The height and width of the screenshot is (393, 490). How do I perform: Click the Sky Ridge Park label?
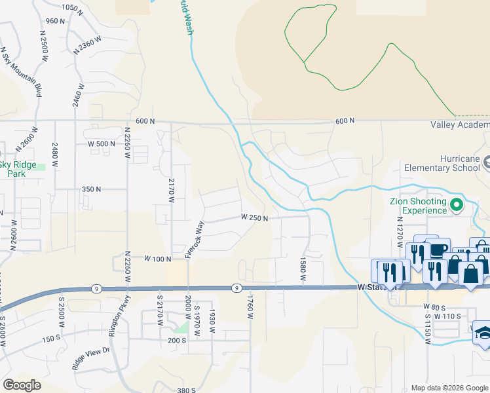point(13,169)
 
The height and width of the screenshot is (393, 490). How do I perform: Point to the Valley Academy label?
point(460,124)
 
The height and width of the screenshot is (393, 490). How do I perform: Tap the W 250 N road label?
point(254,217)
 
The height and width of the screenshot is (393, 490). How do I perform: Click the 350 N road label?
point(91,189)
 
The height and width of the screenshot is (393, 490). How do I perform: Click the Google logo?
point(22,385)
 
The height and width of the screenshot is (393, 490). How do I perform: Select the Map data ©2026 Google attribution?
point(449,388)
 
